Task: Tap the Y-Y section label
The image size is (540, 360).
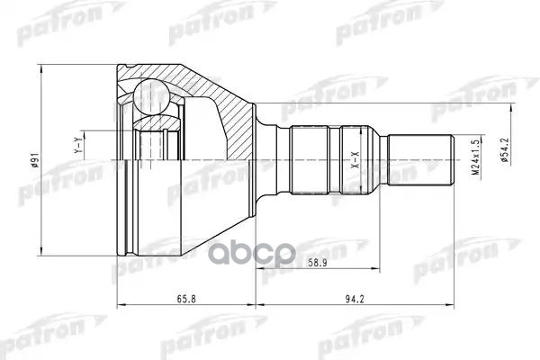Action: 78,144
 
